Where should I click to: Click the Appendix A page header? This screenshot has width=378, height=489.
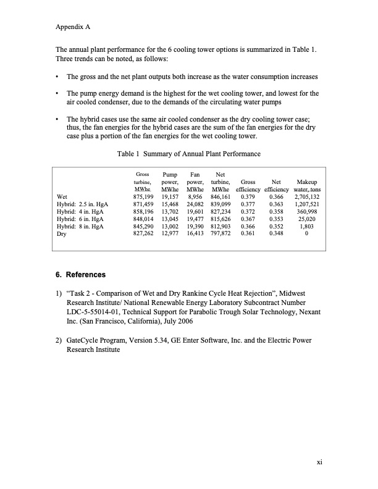tap(73, 28)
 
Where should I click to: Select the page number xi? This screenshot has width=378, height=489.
tap(319, 461)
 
